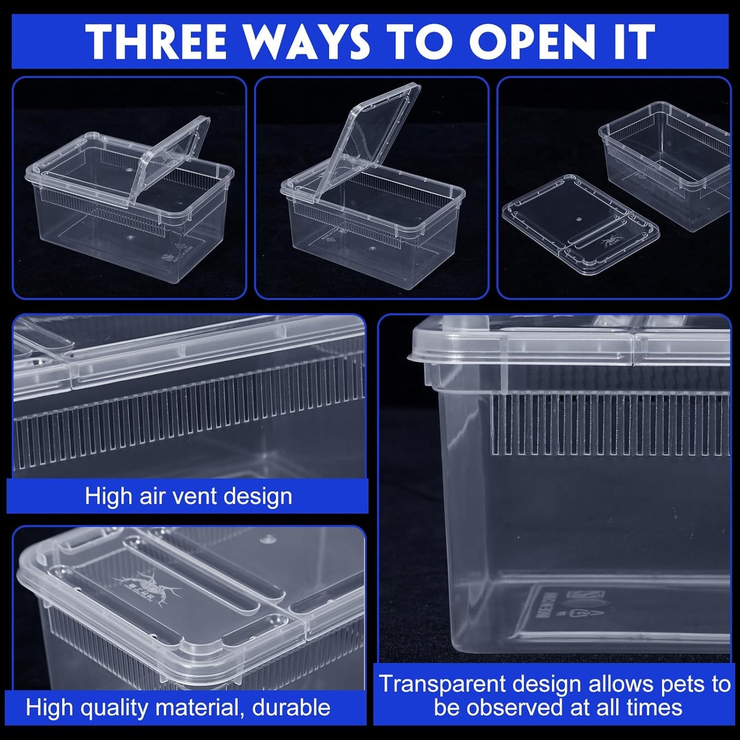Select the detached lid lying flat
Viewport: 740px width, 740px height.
(x=579, y=225)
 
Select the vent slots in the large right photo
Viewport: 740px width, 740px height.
(x=609, y=425)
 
